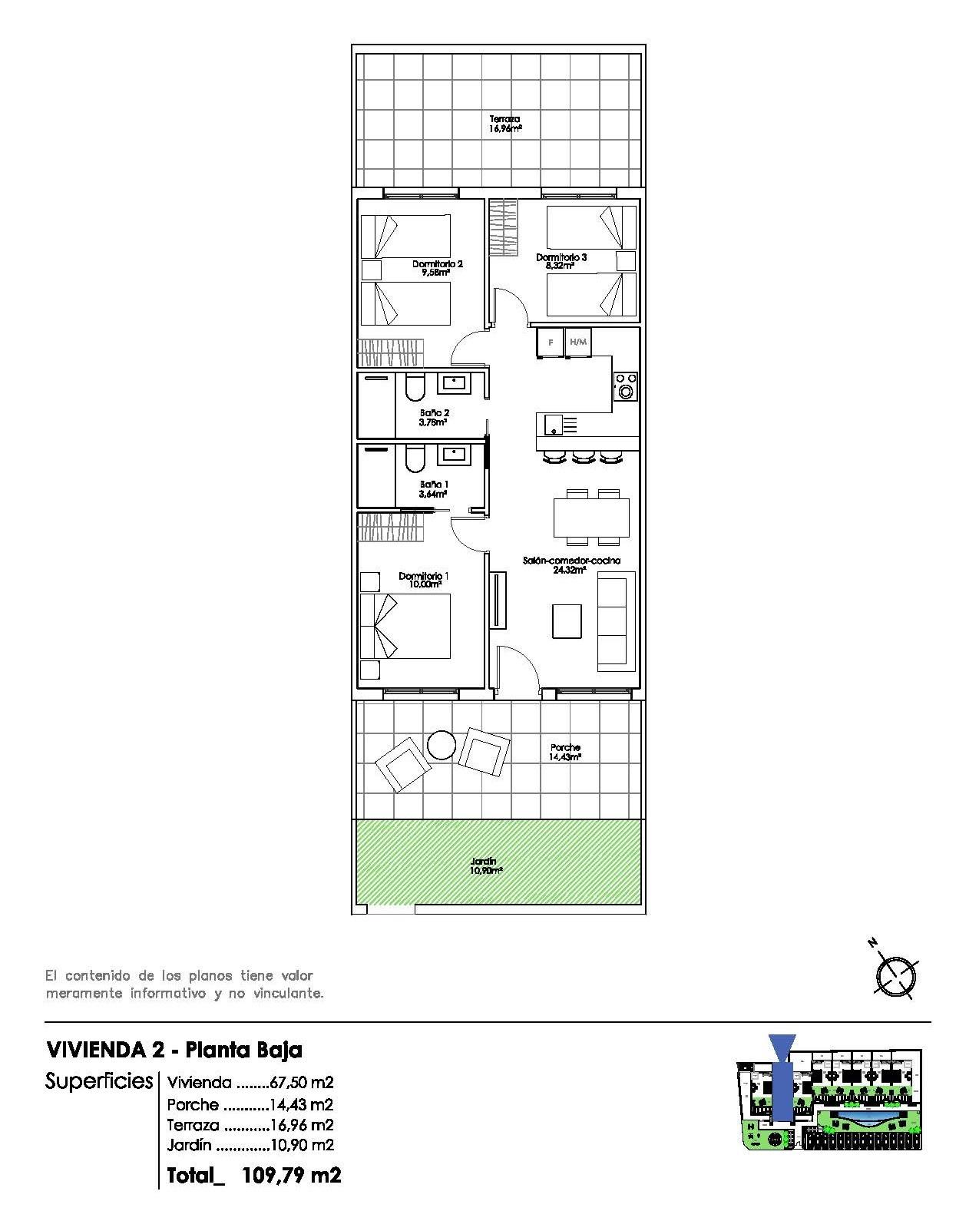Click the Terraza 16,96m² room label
point(505,124)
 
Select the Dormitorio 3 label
point(561,261)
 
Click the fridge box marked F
point(550,342)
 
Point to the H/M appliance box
point(578,342)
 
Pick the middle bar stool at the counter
point(584,457)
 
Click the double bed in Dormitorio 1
point(411,626)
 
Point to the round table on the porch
point(442,744)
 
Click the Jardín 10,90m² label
point(485,866)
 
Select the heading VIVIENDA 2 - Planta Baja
point(174,1049)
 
